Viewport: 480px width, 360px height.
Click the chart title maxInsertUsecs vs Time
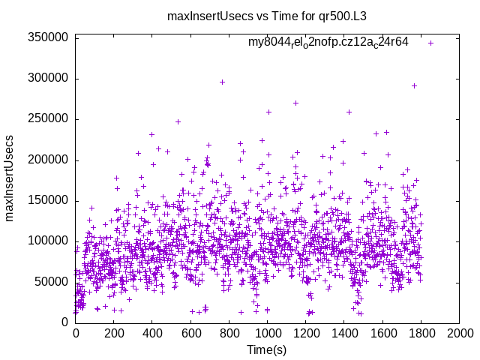click(x=240, y=16)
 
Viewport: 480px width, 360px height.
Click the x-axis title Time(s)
click(x=267, y=349)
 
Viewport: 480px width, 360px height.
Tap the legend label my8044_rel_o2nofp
click(x=328, y=42)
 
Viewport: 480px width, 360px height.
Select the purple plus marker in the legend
click(x=431, y=43)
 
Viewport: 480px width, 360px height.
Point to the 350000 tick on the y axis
click(x=47, y=37)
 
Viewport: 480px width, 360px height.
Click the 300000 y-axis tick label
click(x=47, y=78)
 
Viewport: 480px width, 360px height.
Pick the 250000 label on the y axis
click(x=47, y=118)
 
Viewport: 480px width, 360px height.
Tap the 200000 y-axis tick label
click(x=47, y=160)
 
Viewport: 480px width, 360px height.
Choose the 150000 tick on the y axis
click(x=47, y=200)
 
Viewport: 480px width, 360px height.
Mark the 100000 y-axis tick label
click(x=47, y=241)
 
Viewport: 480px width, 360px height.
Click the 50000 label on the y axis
click(x=50, y=281)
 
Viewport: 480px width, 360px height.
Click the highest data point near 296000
click(x=222, y=82)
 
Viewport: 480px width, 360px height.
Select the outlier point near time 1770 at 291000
click(x=414, y=85)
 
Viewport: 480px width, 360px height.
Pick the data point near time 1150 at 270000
click(x=295, y=103)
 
